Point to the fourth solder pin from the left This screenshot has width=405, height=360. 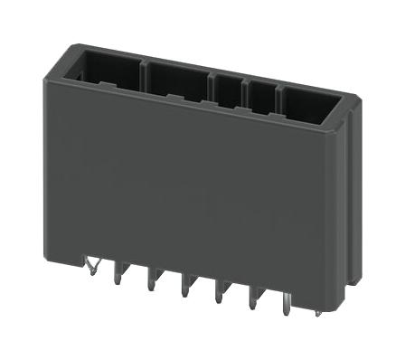[185, 289]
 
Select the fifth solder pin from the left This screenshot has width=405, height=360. [218, 296]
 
